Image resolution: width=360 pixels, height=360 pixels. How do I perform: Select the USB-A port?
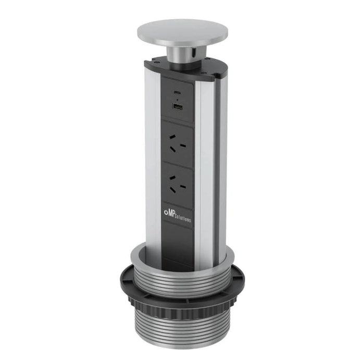(x=178, y=107)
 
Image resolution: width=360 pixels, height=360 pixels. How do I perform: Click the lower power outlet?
(x=178, y=181)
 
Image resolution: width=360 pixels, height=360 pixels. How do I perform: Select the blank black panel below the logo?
(x=177, y=245)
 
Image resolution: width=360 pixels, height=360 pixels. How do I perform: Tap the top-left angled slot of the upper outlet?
(x=170, y=137)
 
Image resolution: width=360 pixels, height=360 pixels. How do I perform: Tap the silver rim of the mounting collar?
(x=229, y=260)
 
